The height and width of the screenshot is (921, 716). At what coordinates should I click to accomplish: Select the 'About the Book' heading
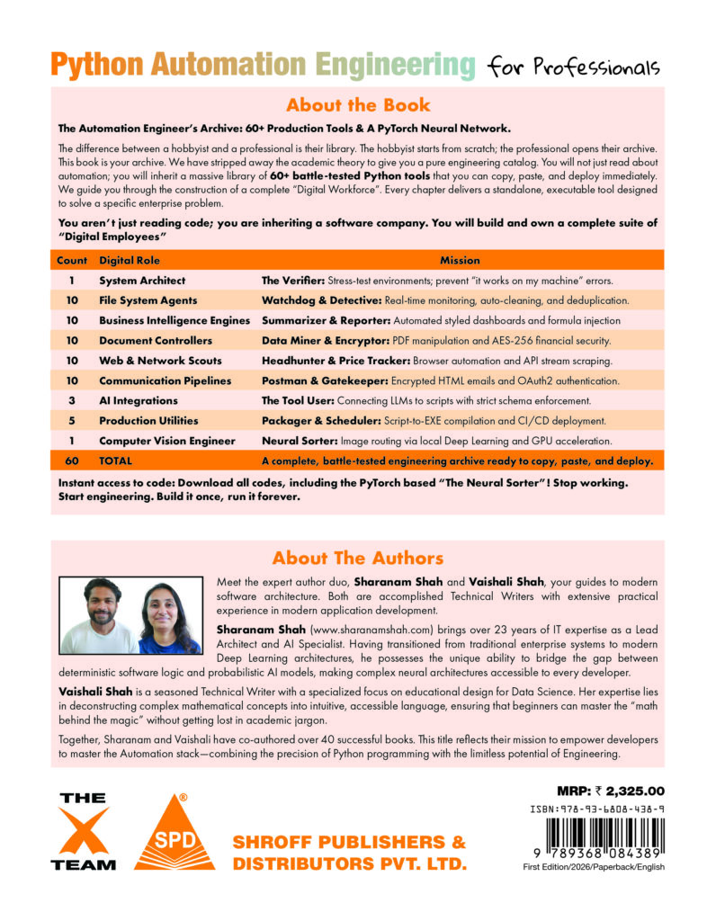(357, 104)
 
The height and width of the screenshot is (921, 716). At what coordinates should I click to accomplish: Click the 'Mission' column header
(460, 260)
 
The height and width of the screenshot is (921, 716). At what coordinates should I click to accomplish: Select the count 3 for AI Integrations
(71, 400)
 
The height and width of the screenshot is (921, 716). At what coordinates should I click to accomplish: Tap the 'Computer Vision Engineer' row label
(167, 441)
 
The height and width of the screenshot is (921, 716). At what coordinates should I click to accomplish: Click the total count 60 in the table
(71, 460)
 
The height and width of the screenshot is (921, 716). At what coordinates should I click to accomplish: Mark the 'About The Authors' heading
(357, 558)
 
